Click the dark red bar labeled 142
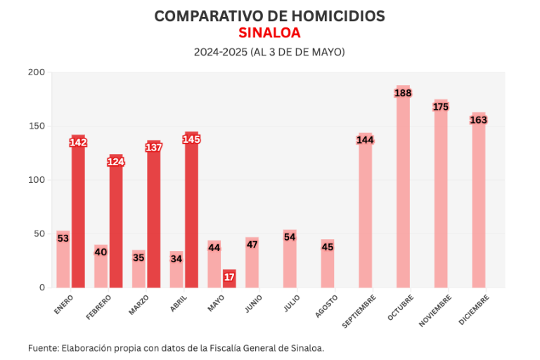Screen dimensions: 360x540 click(78, 211)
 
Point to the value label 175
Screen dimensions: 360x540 click(441, 107)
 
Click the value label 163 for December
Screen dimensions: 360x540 click(478, 120)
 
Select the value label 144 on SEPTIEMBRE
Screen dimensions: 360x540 click(365, 140)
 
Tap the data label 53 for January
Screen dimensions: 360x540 click(63, 238)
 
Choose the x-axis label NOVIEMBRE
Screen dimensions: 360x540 click(435, 309)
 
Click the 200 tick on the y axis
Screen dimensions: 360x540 click(37, 72)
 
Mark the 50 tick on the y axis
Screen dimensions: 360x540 click(39, 233)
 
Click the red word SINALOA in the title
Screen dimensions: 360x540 click(269, 33)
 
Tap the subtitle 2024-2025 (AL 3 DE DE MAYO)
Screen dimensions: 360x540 click(269, 52)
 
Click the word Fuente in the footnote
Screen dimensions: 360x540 click(42, 348)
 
